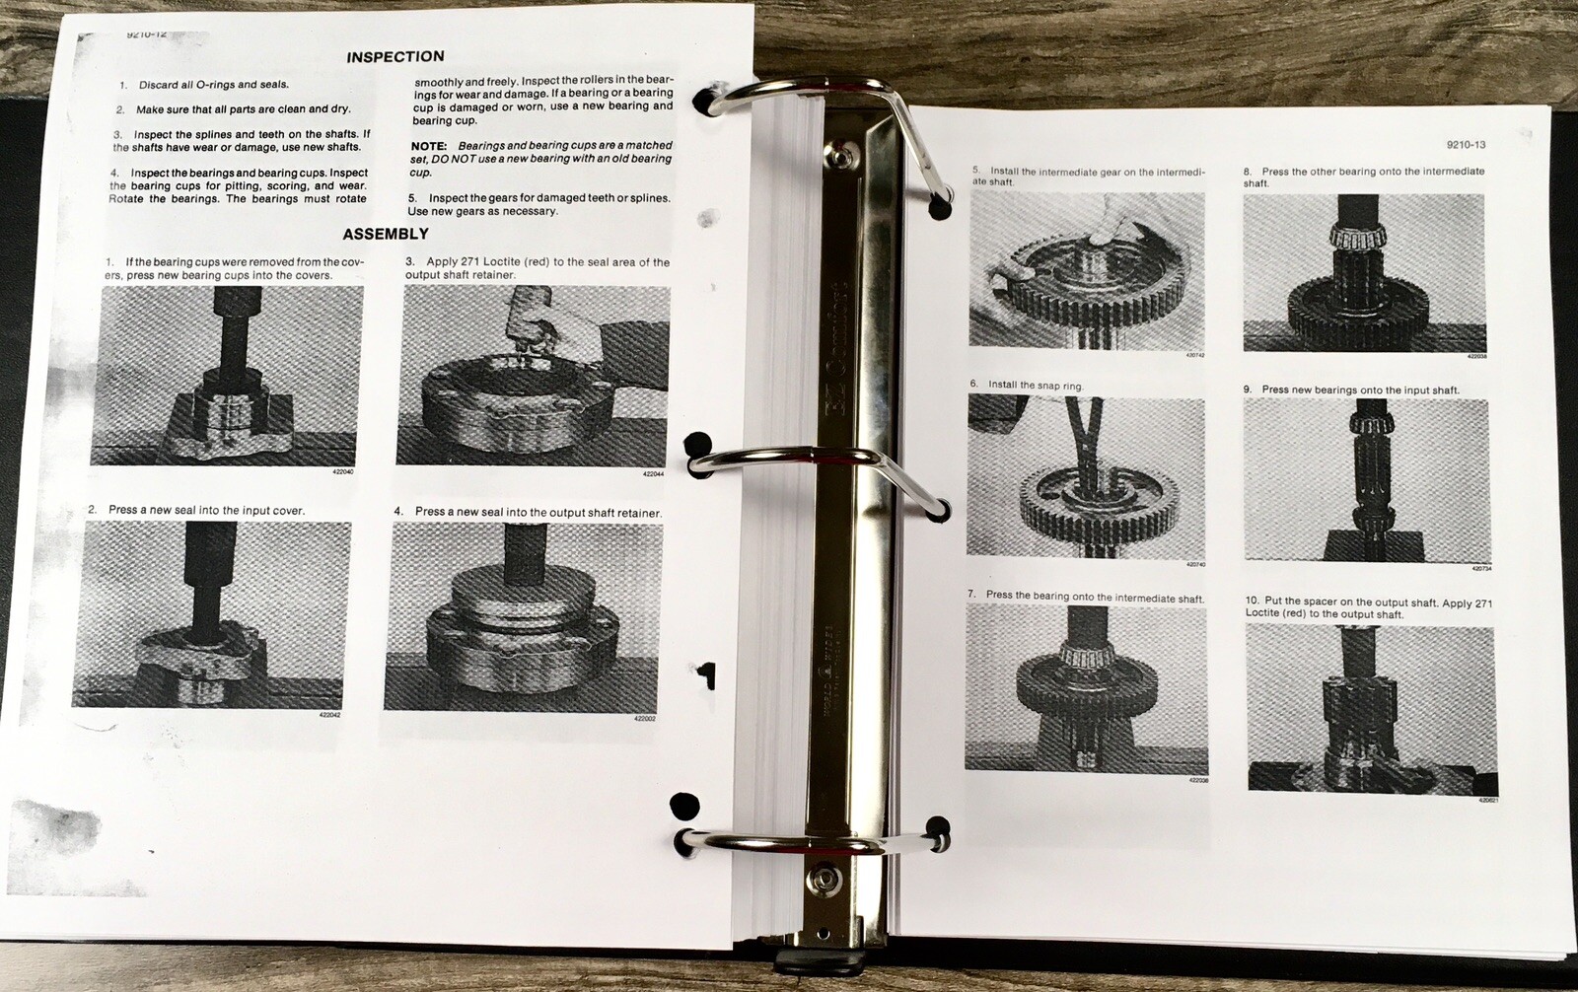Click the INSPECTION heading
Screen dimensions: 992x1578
pos(394,57)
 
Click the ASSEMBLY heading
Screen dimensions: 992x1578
pos(385,234)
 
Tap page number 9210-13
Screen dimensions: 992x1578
pos(1466,144)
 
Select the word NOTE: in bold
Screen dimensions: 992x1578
pos(429,146)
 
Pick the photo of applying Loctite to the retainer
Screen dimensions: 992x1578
pos(533,376)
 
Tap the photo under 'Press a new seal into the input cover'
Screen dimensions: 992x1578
pos(211,613)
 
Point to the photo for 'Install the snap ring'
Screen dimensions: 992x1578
pos(1085,477)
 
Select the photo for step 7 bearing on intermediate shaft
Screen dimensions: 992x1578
pos(1086,687)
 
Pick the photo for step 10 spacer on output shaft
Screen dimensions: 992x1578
pos(1371,707)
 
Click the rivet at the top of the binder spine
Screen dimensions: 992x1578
pos(839,154)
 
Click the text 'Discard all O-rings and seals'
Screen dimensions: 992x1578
pos(213,85)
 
